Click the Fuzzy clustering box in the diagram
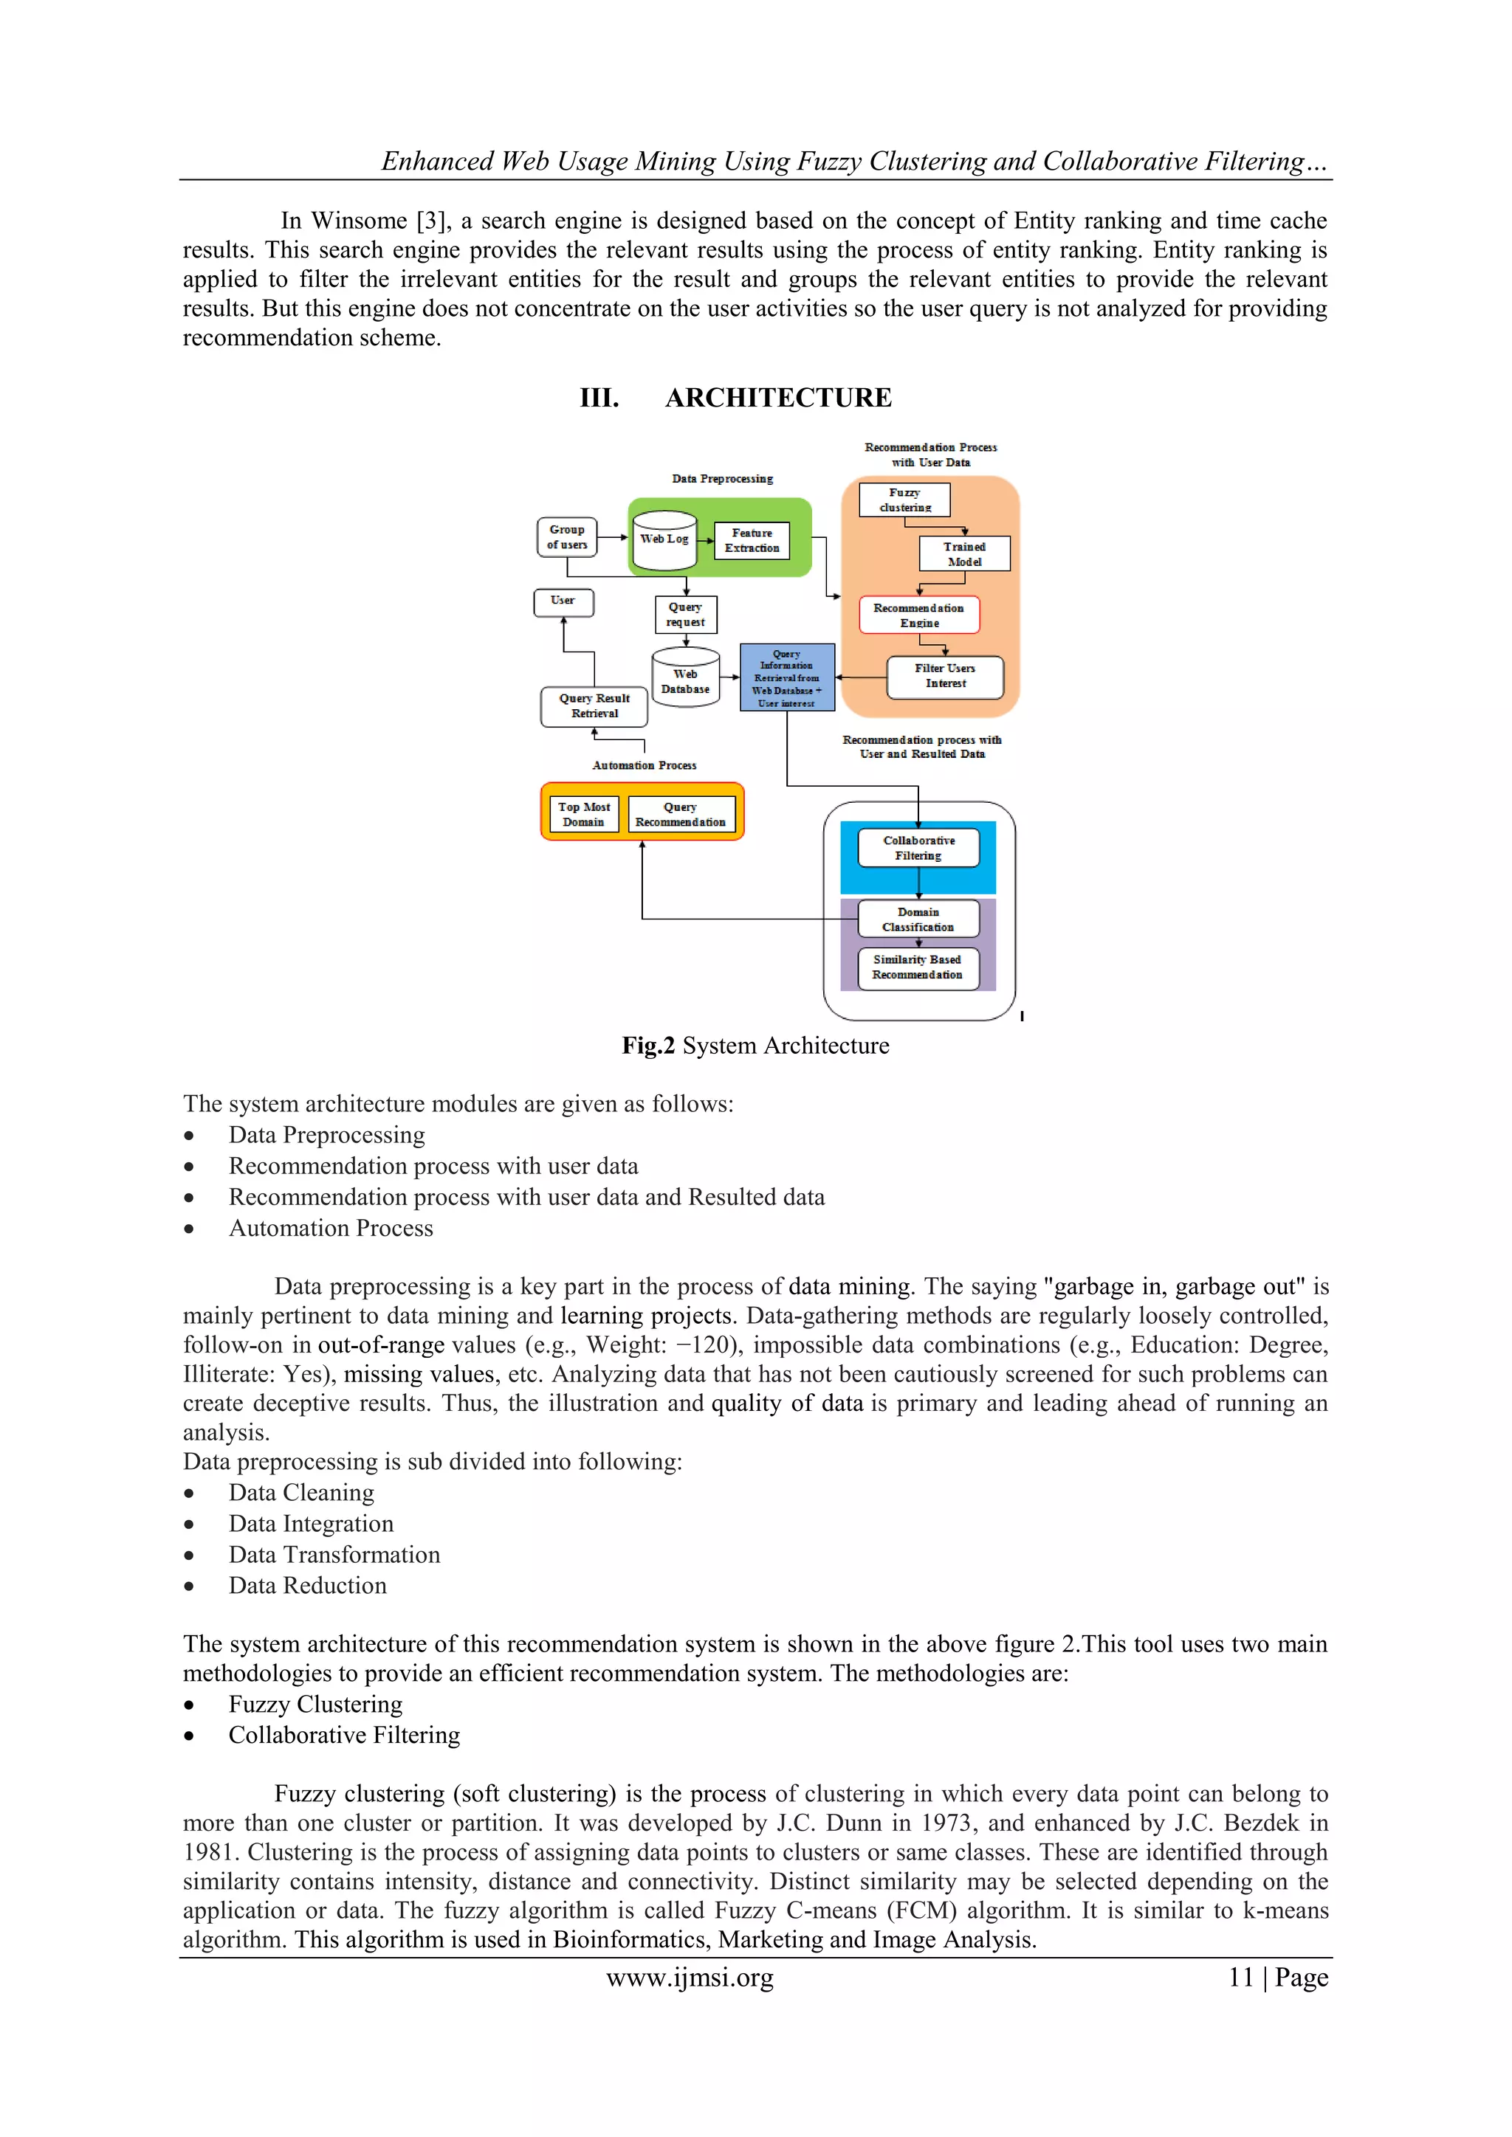click(904, 500)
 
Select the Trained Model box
click(963, 553)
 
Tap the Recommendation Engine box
click(919, 615)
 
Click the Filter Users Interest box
click(945, 676)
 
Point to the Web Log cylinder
click(664, 540)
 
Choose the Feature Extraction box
click(752, 541)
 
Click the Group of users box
click(567, 537)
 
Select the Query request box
click(685, 614)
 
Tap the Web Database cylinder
click(685, 680)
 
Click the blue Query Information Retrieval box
click(787, 677)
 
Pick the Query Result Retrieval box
click(594, 706)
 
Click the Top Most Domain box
click(584, 815)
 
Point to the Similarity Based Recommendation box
click(917, 967)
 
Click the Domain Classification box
click(918, 919)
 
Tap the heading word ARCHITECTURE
click(778, 398)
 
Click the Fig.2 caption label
click(648, 1046)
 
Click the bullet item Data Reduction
click(307, 1586)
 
